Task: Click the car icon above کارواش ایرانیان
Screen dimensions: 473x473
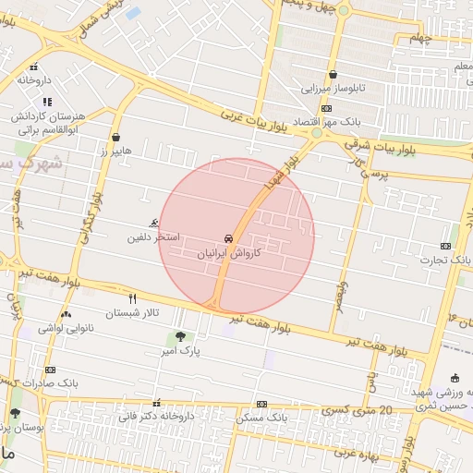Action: [x=228, y=236]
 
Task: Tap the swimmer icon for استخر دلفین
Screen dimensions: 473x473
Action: [x=153, y=223]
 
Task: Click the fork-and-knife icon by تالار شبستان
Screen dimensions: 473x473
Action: [x=133, y=298]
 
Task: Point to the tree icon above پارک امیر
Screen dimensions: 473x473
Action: [x=179, y=336]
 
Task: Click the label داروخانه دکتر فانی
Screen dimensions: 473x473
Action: [x=155, y=417]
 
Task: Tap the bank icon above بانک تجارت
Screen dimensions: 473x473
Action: [x=446, y=246]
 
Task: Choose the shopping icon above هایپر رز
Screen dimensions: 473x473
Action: [x=115, y=136]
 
